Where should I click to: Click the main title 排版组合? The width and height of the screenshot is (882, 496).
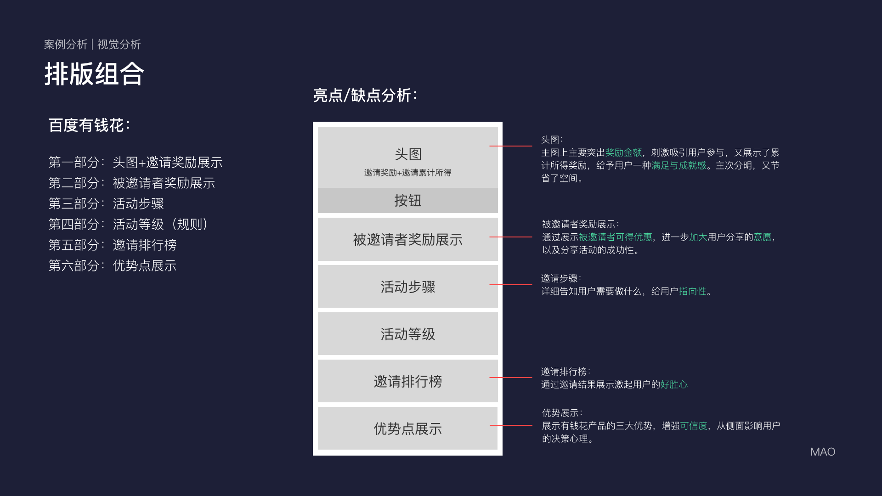(x=94, y=74)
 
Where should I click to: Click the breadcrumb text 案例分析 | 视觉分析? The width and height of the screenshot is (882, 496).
(x=92, y=45)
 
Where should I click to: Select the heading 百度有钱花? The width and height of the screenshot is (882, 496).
(x=89, y=125)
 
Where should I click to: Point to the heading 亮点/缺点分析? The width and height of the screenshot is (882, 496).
(x=365, y=96)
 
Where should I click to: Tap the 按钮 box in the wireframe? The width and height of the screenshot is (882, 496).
(x=407, y=201)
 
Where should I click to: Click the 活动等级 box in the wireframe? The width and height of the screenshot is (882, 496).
(x=407, y=334)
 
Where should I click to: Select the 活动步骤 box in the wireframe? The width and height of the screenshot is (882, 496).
(x=407, y=287)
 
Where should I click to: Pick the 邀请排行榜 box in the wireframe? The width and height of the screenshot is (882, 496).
(x=407, y=381)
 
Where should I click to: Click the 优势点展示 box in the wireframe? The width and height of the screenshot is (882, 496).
(x=407, y=428)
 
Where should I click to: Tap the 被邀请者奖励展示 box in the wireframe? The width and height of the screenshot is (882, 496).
(x=407, y=239)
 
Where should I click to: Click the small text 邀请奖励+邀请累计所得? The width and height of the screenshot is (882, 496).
(x=407, y=173)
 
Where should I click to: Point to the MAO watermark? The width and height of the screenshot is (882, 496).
(x=822, y=452)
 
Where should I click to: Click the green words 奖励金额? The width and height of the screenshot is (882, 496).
(x=623, y=152)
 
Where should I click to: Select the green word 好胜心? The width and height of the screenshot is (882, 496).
(x=674, y=384)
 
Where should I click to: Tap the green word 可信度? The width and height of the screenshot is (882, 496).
(x=694, y=426)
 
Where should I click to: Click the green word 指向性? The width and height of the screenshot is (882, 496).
(x=692, y=291)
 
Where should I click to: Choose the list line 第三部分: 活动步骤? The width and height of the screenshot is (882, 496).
(x=106, y=203)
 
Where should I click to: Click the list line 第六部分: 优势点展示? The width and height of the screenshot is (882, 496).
(x=113, y=265)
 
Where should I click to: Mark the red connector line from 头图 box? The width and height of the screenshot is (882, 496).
(x=511, y=146)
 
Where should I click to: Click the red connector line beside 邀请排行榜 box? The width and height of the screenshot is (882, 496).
(x=511, y=378)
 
